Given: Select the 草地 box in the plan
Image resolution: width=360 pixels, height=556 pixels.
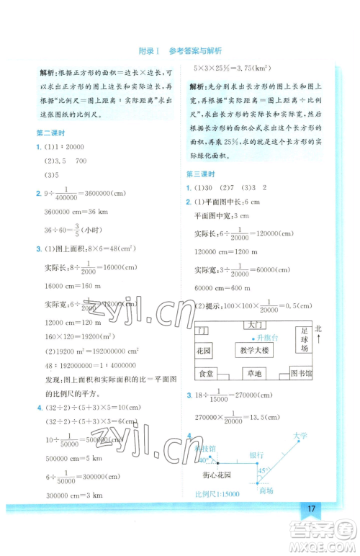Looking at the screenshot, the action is pyautogui.click(x=255, y=374).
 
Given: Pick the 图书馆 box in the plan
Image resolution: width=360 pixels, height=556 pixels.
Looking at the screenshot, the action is pyautogui.click(x=300, y=374).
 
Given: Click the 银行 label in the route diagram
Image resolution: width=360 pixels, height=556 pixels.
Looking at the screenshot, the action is pyautogui.click(x=256, y=455).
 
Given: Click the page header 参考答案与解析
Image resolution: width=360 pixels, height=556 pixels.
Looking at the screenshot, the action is pyautogui.click(x=195, y=51).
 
